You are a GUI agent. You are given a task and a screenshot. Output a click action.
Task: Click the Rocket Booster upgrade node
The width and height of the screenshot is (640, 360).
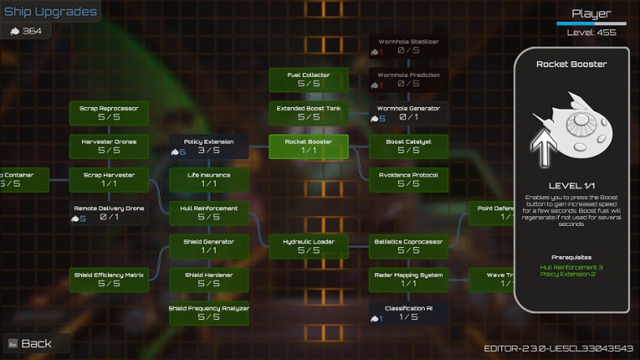(x=309, y=147)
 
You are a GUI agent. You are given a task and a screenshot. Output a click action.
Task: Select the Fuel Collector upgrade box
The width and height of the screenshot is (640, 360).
(x=309, y=80)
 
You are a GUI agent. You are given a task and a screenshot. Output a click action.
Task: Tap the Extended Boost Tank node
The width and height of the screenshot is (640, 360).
(x=309, y=113)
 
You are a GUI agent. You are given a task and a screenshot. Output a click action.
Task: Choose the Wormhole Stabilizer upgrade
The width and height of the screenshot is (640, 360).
(x=408, y=46)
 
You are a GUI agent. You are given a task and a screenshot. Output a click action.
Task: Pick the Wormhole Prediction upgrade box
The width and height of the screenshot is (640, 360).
(x=408, y=80)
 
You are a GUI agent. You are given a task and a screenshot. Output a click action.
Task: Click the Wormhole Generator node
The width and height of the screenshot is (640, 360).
(x=408, y=113)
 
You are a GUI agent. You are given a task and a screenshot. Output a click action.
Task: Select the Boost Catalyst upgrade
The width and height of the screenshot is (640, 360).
(x=408, y=147)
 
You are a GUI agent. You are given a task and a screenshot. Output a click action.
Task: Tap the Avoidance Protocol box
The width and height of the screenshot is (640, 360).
(x=408, y=179)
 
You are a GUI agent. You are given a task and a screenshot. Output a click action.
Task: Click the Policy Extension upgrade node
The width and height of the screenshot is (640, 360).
(x=209, y=147)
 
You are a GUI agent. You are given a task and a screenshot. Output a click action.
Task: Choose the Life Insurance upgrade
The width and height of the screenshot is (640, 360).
(x=209, y=179)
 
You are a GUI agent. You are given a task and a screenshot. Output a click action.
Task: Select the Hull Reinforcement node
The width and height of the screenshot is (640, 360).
(x=209, y=213)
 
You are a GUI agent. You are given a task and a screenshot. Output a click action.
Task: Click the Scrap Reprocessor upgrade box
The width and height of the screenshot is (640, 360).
(x=109, y=113)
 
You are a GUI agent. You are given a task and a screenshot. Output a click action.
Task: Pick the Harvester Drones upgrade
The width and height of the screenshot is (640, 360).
(x=109, y=147)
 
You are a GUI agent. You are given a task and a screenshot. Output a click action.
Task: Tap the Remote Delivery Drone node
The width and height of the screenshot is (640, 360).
(x=109, y=213)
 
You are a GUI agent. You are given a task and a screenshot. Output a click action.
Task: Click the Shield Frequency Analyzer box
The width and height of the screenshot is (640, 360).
(x=209, y=313)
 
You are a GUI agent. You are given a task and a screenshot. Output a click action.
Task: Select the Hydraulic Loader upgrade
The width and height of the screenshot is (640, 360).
(x=309, y=246)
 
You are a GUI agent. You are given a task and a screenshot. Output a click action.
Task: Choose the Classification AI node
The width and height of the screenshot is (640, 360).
(x=408, y=313)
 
